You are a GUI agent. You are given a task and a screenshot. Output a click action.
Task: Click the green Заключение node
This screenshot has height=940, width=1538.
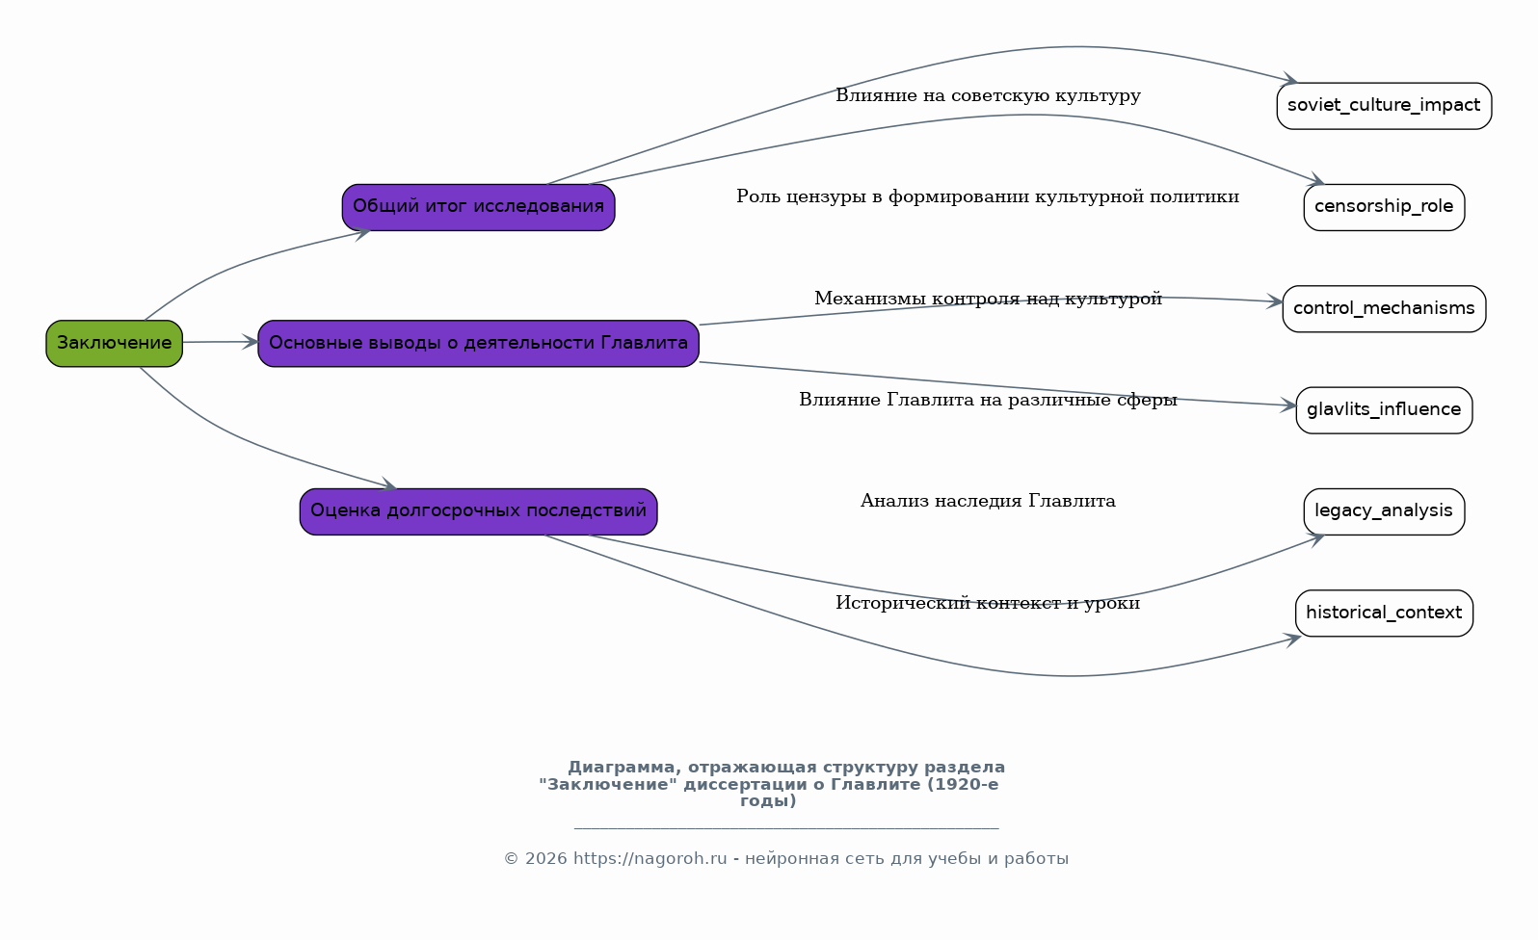coord(114,344)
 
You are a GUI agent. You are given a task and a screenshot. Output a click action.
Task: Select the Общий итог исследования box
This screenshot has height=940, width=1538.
coord(479,207)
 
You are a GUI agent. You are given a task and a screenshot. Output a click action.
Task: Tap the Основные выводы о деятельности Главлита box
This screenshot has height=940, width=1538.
coord(479,344)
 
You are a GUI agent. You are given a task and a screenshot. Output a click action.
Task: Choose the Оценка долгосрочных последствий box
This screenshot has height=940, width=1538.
coord(479,511)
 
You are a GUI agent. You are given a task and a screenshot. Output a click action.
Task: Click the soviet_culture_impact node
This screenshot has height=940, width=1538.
coord(1384,106)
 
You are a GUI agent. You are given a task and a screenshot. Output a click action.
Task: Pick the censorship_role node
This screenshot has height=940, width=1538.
coord(1384,207)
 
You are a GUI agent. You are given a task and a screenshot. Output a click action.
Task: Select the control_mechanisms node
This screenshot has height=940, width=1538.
coord(1384,309)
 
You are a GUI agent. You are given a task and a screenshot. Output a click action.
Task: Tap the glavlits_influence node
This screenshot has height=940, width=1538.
coord(1384,410)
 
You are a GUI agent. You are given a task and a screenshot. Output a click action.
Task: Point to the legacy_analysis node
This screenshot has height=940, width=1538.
coord(1384,511)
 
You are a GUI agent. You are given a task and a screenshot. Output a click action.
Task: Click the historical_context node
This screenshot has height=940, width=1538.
coord(1384,614)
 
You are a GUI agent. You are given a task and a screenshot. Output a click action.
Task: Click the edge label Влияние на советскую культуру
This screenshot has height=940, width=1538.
coord(988,95)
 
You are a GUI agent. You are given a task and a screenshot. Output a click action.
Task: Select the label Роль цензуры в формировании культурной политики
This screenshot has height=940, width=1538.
coord(988,196)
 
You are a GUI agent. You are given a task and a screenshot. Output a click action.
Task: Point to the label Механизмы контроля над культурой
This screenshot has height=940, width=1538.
coord(988,299)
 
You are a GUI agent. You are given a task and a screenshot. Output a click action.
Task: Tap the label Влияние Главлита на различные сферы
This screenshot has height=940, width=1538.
coord(988,400)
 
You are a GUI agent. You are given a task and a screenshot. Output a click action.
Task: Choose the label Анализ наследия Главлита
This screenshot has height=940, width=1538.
coord(988,501)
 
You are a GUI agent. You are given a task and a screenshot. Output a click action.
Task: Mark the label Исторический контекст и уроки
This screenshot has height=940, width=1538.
coord(988,603)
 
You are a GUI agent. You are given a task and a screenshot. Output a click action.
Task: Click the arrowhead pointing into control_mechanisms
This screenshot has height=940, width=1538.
coord(1275,301)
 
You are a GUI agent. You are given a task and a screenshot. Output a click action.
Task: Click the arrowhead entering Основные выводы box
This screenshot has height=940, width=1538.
coord(251,342)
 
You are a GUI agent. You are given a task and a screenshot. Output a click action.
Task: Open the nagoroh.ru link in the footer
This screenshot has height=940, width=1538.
coord(650,859)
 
